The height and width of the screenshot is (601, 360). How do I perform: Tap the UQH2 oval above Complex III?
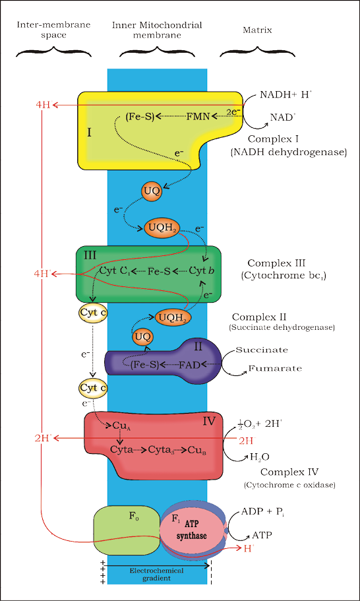[162, 228]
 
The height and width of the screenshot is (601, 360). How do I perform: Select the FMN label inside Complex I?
[197, 117]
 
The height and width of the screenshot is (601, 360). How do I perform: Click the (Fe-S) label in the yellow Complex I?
[139, 117]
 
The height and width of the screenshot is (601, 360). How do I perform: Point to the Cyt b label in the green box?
[202, 271]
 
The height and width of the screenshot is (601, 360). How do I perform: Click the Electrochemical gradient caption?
[156, 573]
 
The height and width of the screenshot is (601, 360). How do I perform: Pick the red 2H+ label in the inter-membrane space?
[44, 437]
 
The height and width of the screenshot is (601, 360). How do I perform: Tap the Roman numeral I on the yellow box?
[89, 132]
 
